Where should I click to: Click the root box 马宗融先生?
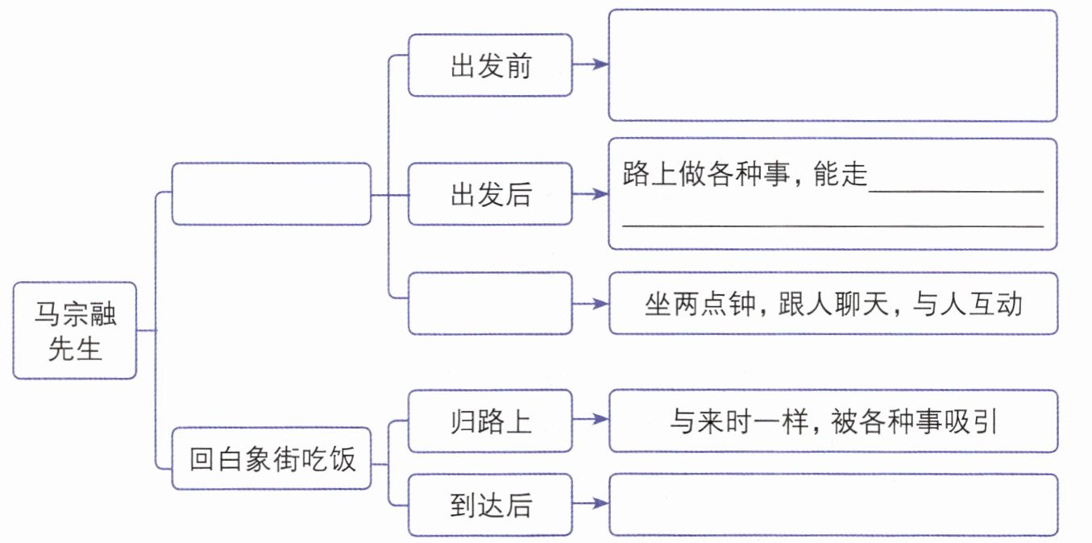pyautogui.click(x=75, y=330)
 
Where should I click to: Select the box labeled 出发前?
pyautogui.click(x=490, y=64)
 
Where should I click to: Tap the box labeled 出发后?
pyautogui.click(x=490, y=194)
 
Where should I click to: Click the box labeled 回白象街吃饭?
pyautogui.click(x=272, y=458)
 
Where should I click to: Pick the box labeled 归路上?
pyautogui.click(x=490, y=421)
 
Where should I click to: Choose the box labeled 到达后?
pyautogui.click(x=490, y=505)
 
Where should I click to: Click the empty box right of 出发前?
pyautogui.click(x=832, y=65)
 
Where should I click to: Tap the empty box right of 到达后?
pyautogui.click(x=833, y=505)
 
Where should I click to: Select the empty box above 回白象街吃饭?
pyautogui.click(x=272, y=194)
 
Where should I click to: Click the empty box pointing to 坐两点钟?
pyautogui.click(x=490, y=303)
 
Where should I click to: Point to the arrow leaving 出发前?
pyautogui.click(x=591, y=64)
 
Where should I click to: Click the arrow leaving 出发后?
pyautogui.click(x=591, y=194)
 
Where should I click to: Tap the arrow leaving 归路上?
pyautogui.click(x=591, y=419)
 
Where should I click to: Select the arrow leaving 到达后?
pyautogui.click(x=591, y=503)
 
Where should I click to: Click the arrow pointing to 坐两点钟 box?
pyautogui.click(x=591, y=305)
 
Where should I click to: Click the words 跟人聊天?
pyautogui.click(x=833, y=305)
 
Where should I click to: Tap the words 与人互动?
pyautogui.click(x=967, y=305)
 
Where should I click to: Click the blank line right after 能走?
pyautogui.click(x=956, y=192)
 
